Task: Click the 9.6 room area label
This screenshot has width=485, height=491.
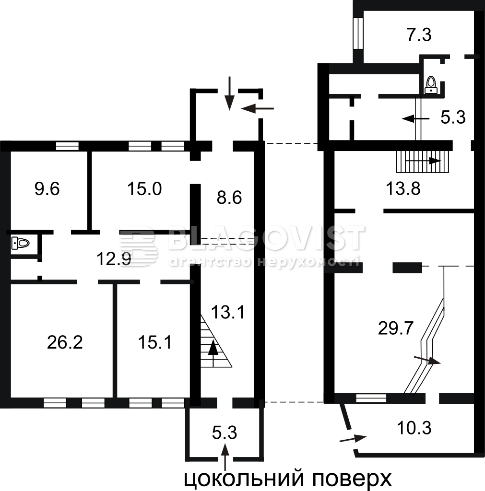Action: [x=47, y=189]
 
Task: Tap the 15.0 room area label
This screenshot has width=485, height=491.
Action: [x=144, y=189]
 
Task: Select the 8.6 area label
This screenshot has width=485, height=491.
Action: [x=229, y=198]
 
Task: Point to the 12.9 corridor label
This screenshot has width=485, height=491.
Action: [x=114, y=259]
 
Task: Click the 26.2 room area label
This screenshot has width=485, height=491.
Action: [x=65, y=342]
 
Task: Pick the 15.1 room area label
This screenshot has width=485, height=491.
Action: [x=155, y=342]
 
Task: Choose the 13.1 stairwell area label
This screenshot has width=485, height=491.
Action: [x=228, y=312]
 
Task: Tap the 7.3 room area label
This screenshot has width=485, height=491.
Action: [x=419, y=35]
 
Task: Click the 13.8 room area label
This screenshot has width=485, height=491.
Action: [x=403, y=189]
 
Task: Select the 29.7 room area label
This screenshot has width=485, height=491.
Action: [x=396, y=329]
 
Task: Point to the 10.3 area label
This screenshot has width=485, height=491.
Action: [x=414, y=428]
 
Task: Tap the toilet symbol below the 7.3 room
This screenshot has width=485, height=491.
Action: [x=431, y=85]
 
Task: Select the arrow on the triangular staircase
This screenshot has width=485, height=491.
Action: [x=213, y=353]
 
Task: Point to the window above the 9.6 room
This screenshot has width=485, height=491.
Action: [x=67, y=146]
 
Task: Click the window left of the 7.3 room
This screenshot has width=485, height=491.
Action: [x=358, y=33]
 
